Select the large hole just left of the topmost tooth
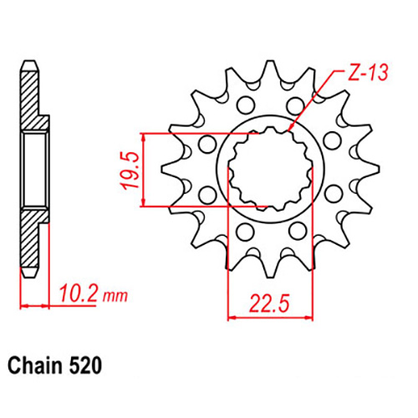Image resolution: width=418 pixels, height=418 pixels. tap(244, 105)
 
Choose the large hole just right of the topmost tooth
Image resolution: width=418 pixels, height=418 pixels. tap(292, 105)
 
